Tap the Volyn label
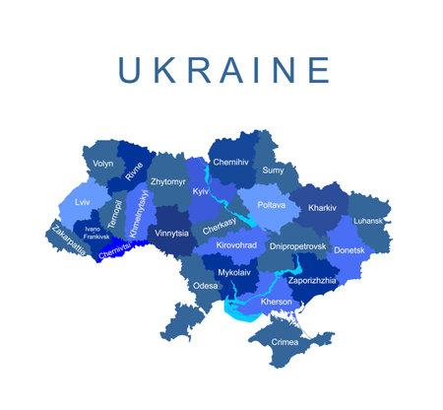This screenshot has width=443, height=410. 102,164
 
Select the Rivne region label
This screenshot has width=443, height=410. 135,171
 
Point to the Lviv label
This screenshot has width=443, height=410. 82,201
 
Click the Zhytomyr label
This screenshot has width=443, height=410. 167,182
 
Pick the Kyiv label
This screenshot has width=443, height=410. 202,190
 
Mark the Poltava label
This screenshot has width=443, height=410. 271,205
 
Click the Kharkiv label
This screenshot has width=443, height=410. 322,209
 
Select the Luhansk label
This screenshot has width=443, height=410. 367,221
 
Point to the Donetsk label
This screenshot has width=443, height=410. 348,250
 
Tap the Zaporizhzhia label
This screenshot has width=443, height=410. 311,280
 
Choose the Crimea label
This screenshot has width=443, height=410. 284,342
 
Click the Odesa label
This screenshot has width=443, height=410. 205,286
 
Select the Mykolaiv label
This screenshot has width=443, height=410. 234,271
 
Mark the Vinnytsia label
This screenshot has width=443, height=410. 171,234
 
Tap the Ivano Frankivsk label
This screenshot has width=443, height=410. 96,233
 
